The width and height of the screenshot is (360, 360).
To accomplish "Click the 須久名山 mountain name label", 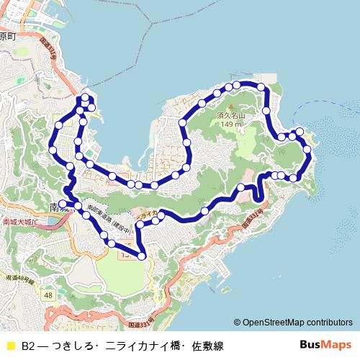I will coord(231,115).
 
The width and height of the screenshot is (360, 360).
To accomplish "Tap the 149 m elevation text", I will coord(231,124).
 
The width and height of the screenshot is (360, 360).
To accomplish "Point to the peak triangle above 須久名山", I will coord(231,107).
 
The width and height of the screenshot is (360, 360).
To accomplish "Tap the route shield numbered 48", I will coord(48,295).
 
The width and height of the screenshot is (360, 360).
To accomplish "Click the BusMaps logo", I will coord(325,345).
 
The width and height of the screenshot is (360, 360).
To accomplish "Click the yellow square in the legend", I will coord(10,346).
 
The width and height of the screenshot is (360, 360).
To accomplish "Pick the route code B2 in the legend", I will coord(28,346).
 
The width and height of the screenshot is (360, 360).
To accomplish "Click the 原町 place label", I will coord(7,35).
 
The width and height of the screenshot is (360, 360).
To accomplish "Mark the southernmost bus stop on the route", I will coord(142,256).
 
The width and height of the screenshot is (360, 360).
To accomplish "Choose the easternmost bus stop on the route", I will coord(308,149).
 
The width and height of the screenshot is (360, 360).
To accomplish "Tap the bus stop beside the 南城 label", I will coord(63,203).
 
